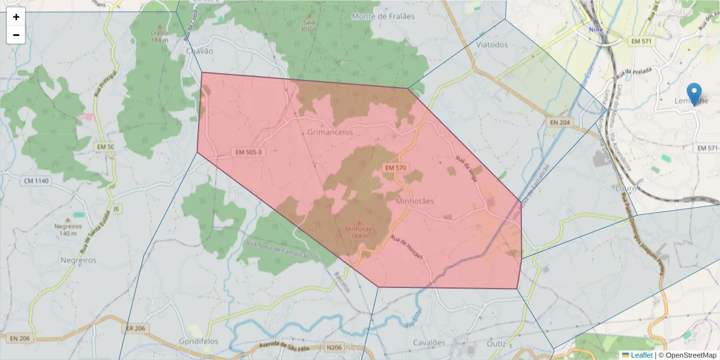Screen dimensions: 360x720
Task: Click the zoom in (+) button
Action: coord(16,17)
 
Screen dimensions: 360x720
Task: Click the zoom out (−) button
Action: coord(16,35)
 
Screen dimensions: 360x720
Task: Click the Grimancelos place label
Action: coord(330,132)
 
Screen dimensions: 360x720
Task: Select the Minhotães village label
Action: coord(415,202)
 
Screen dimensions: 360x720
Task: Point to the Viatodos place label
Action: coord(491,44)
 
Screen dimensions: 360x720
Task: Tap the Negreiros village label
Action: coord(79,260)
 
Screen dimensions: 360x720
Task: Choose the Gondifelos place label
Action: coord(199,341)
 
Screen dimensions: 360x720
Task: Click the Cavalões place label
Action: coord(429,343)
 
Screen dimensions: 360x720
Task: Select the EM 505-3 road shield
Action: coord(248,152)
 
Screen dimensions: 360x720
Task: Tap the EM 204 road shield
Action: coord(561,122)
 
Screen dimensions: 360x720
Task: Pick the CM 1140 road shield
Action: coord(37,181)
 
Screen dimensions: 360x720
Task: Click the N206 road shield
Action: coord(334,347)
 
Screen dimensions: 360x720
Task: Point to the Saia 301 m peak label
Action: coord(310,25)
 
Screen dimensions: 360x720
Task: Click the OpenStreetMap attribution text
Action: coord(688,355)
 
